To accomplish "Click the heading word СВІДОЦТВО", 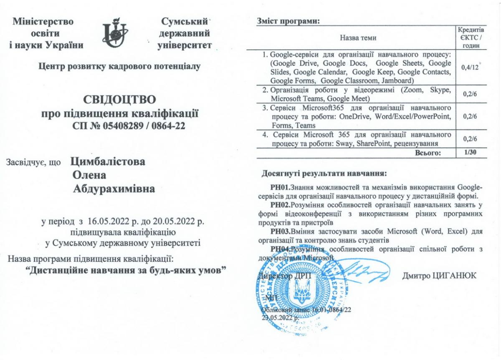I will pyautogui.click(x=120, y=100).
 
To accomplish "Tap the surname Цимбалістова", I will pyautogui.click(x=109, y=162).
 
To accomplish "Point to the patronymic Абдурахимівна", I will pyautogui.click(x=114, y=189).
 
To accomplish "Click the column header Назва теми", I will pyautogui.click(x=358, y=38).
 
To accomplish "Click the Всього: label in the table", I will pyautogui.click(x=428, y=153).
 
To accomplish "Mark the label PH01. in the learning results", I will pyautogui.click(x=280, y=186).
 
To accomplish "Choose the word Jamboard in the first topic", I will pyautogui.click(x=399, y=81).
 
